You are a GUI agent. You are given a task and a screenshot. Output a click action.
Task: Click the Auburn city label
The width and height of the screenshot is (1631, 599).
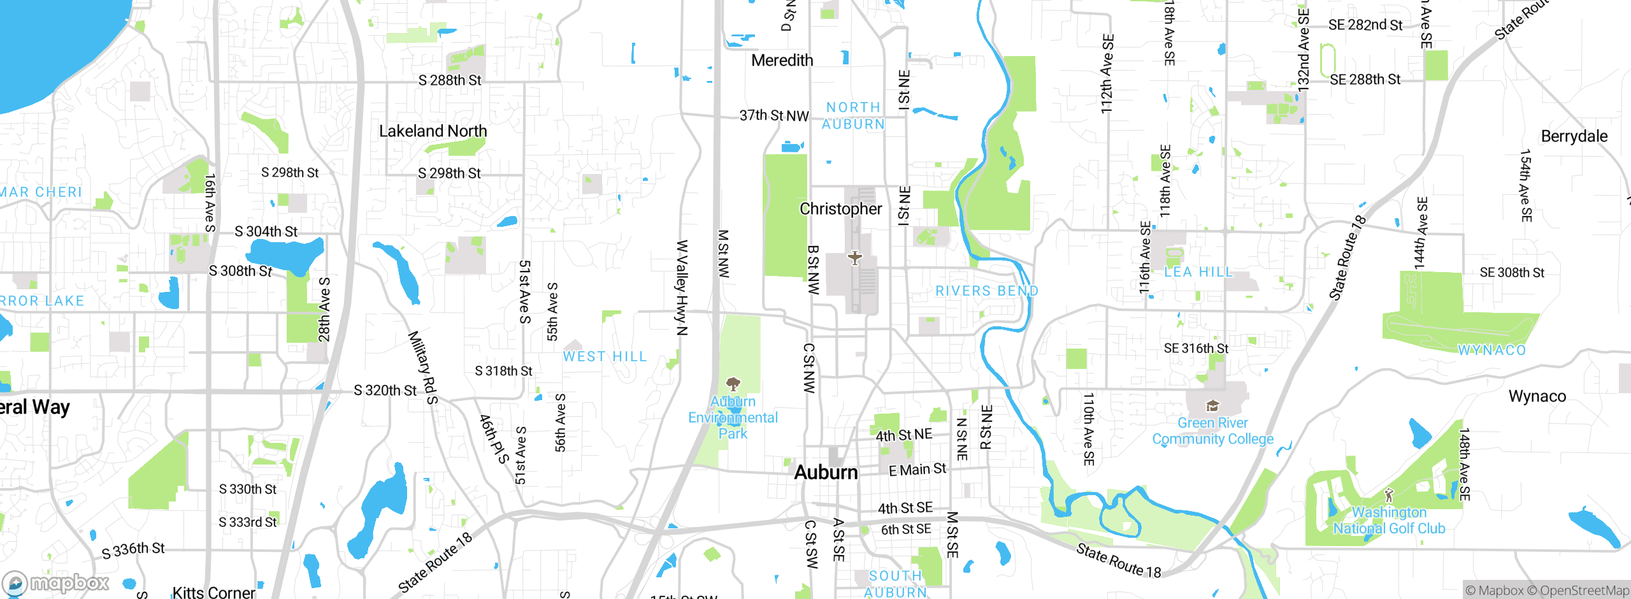point(826,472)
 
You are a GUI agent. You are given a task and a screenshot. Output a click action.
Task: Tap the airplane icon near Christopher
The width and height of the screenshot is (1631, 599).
point(854,258)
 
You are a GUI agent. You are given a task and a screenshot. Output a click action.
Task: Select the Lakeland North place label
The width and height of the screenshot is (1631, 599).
point(433,131)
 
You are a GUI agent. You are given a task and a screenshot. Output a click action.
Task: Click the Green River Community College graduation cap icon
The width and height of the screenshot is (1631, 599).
point(1212,406)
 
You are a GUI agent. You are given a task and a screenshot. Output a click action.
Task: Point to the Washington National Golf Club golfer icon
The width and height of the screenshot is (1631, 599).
point(1390,495)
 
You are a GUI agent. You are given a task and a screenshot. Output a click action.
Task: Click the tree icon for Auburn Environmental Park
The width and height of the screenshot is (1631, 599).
point(733,384)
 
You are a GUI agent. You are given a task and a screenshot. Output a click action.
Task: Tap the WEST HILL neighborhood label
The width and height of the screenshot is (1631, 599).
point(605,357)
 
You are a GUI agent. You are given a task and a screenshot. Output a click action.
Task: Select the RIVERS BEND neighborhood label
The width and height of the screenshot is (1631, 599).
point(986,291)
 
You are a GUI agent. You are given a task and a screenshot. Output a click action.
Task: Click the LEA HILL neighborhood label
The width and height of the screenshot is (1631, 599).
point(1198,272)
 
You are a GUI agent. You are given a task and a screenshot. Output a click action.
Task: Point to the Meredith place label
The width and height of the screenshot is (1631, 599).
point(782,61)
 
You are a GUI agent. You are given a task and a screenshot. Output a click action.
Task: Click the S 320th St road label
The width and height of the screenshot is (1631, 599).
point(385,390)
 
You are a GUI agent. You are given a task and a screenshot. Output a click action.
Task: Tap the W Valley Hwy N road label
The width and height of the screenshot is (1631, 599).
point(682,287)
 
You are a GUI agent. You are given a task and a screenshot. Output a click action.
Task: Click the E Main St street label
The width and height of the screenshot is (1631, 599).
point(917,470)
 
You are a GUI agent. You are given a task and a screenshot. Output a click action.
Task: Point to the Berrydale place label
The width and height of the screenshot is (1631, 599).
point(1574,136)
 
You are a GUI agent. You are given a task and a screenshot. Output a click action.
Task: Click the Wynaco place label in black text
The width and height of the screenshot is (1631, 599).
point(1537,396)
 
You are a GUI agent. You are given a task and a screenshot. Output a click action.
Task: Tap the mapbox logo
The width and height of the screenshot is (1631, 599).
point(56,583)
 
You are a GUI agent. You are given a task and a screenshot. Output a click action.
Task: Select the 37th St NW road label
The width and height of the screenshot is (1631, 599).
point(773,116)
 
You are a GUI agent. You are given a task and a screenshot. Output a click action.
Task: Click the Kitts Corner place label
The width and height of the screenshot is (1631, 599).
point(213,592)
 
